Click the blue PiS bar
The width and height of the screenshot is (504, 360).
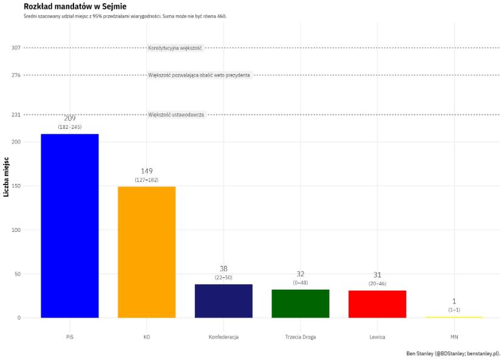coord(70,225)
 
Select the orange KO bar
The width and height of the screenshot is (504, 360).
coord(146,252)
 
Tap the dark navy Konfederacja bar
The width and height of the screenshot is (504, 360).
coord(223,301)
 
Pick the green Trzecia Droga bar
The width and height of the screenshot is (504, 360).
coord(301,304)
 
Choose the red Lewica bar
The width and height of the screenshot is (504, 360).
coord(377,304)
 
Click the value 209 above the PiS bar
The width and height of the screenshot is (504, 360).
coord(70,118)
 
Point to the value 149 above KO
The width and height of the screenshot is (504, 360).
coord(146,171)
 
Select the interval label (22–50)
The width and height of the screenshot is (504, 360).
coord(223,277)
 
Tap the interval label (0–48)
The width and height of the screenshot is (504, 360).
coord(301,283)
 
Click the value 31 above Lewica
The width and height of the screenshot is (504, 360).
coord(377,275)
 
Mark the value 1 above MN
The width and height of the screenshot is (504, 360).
coord(454,302)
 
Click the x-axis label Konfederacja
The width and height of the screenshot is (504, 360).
coord(223,337)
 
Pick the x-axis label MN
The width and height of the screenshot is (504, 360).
coord(454,337)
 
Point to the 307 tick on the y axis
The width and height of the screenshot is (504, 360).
coord(16,48)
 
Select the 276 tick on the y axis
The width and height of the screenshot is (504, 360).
coord(16,75)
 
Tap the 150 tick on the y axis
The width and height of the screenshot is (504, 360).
coord(16,186)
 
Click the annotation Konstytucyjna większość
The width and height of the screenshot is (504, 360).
coord(175,48)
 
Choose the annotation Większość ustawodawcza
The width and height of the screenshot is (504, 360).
coord(176,115)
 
